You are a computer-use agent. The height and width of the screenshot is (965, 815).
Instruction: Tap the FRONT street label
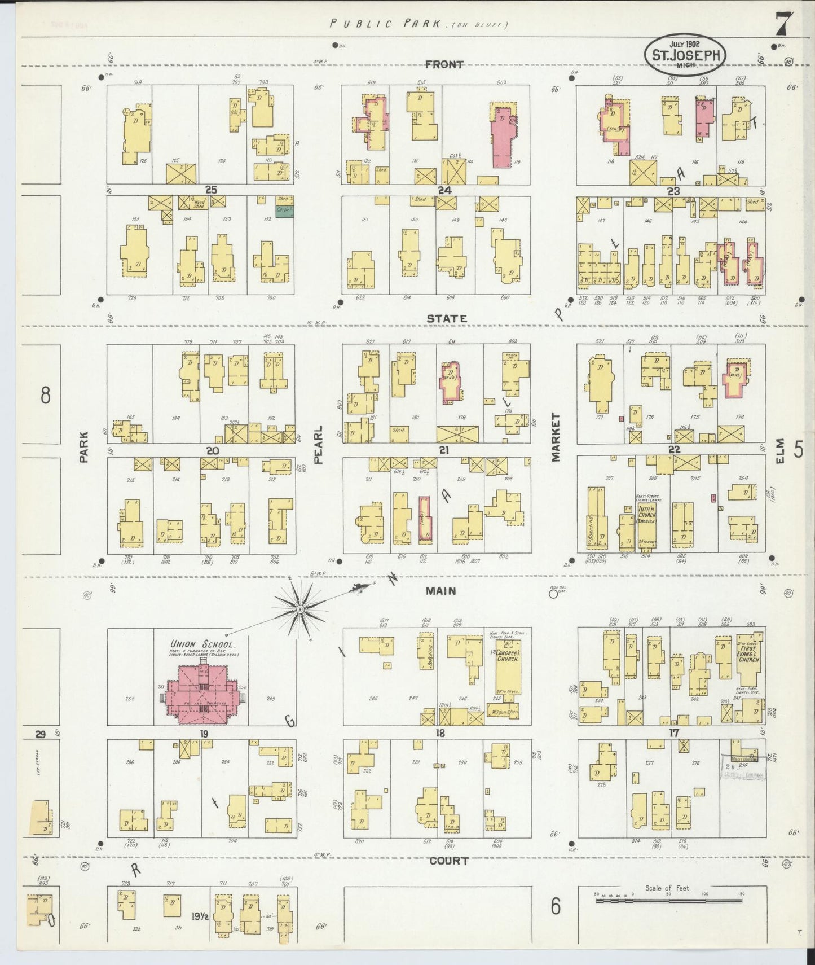(444, 64)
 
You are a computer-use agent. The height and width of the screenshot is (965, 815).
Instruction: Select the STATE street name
(447, 318)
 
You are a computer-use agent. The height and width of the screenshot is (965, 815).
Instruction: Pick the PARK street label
(84, 447)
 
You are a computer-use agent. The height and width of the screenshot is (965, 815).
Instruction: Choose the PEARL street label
(318, 445)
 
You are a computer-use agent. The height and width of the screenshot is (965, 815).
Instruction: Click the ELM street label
(780, 451)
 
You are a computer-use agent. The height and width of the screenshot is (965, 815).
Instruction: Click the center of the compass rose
(301, 609)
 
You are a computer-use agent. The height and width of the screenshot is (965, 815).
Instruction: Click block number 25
(211, 190)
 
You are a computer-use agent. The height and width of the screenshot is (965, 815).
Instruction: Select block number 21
(444, 450)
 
